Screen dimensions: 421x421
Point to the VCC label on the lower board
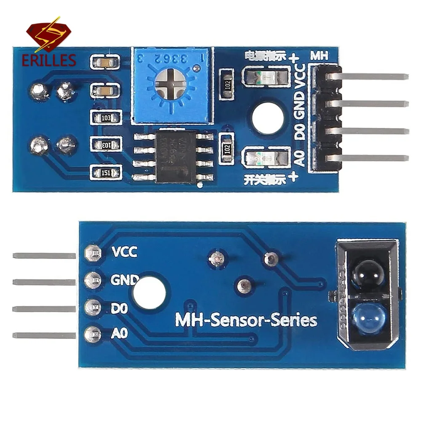tap(124, 252)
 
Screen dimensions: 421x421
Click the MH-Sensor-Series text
tap(246, 320)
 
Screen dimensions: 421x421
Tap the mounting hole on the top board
tap(266, 115)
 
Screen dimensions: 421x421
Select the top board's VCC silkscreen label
tap(300, 77)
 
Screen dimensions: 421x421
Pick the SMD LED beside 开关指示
tap(266, 159)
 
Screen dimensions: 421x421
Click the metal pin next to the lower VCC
tap(44, 256)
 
